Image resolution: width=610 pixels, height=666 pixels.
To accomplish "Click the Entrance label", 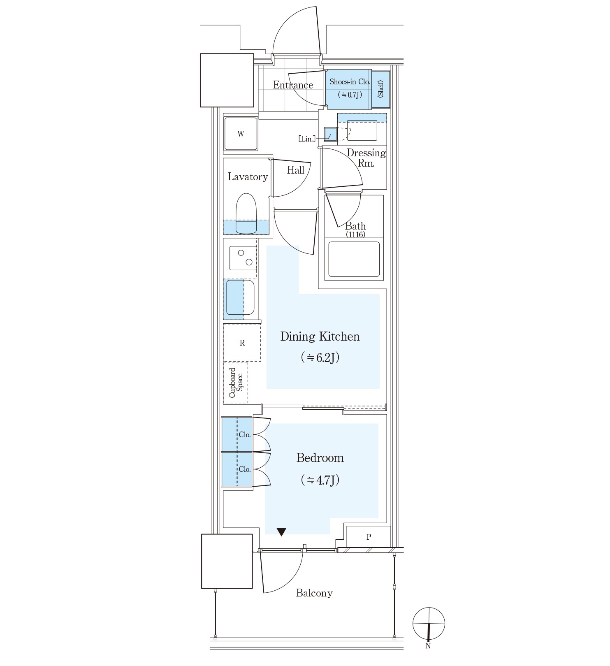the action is [293, 85].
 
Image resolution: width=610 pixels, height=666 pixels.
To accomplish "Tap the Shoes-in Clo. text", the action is [350, 82].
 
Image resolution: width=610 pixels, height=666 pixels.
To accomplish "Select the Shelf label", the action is [380, 89].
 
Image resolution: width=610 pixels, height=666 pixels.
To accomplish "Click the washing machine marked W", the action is [241, 134].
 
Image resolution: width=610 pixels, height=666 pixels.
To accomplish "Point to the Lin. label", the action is [307, 139].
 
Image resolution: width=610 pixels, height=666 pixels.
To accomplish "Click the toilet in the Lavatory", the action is [246, 214].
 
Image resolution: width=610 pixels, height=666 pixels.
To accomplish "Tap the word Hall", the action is [296, 170].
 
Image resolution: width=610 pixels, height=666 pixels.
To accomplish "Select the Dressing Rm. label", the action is [366, 158].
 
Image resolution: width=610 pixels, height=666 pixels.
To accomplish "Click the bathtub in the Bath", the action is [354, 259].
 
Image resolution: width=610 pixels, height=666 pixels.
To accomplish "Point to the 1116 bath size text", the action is [355, 234].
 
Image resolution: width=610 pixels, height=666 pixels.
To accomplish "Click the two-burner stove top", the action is [243, 258].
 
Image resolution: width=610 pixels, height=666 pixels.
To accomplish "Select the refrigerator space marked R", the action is [242, 343].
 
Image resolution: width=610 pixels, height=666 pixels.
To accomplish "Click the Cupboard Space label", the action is [236, 383].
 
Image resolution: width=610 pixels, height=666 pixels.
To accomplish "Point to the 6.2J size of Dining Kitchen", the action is [320, 357].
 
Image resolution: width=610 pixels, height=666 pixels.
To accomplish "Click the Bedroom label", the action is [320, 458].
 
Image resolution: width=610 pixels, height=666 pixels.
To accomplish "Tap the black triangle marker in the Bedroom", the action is [281, 532].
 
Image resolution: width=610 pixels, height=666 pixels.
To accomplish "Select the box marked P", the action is [369, 537].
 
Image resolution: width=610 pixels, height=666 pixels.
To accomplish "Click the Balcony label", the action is [314, 593].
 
